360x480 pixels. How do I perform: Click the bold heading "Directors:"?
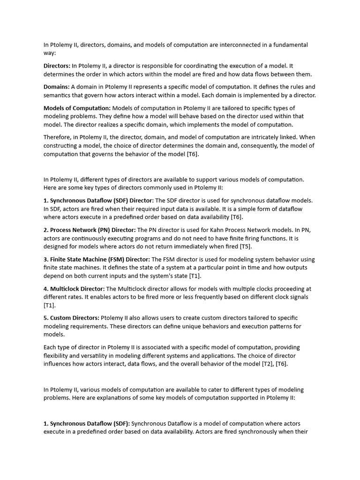pyautogui.click(x=57, y=66)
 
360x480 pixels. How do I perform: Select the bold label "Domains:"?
pyautogui.click(x=56, y=87)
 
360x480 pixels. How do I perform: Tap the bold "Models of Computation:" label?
pyautogui.click(x=77, y=108)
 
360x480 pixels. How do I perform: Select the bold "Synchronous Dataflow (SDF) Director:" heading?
pyautogui.click(x=98, y=200)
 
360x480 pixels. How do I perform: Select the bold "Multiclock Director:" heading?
pyautogui.click(x=74, y=289)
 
